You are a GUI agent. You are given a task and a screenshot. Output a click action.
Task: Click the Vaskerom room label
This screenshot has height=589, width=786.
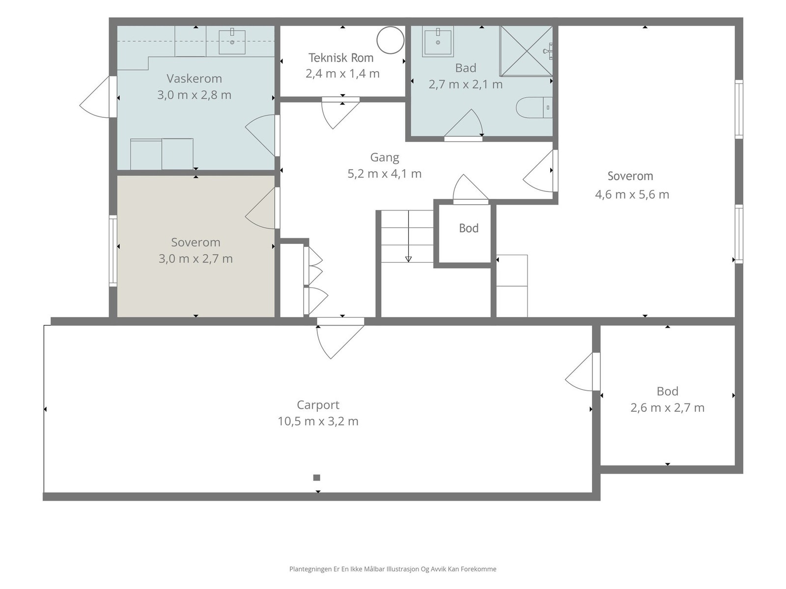(x=194, y=79)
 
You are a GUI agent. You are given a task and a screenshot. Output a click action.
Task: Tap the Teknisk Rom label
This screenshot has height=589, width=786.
(x=341, y=57)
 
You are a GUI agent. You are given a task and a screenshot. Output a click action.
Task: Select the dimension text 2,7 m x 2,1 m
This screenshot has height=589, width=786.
(x=466, y=84)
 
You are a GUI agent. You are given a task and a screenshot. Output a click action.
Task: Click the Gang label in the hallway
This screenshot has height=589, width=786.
(x=385, y=158)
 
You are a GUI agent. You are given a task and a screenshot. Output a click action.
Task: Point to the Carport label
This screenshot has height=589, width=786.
(x=318, y=405)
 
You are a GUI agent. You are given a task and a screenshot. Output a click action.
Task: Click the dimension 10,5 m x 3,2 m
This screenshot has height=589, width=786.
(x=318, y=421)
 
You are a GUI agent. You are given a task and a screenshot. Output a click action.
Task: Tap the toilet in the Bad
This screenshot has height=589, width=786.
(x=534, y=107)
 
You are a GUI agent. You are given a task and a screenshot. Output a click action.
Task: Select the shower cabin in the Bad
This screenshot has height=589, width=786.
(x=526, y=51)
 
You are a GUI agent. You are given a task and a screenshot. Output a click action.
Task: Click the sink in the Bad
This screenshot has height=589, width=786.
(x=438, y=41)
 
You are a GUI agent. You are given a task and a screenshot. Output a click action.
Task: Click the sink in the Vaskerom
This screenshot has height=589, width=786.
(x=232, y=42)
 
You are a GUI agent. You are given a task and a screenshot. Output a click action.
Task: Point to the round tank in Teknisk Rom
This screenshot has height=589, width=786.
(x=391, y=40)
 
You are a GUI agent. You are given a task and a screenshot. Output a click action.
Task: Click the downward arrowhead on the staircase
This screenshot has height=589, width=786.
(x=408, y=259)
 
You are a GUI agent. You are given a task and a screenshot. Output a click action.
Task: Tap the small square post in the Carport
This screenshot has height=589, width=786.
(x=316, y=478)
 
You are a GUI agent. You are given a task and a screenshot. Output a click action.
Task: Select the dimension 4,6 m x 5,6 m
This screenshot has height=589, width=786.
(x=632, y=194)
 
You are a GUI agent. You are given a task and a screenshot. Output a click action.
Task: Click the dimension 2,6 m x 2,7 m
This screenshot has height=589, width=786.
(x=668, y=408)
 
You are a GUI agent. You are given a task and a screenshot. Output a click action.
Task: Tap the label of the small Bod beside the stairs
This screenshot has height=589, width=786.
(x=469, y=228)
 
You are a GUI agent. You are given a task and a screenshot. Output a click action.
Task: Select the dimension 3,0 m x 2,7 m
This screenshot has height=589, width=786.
(x=196, y=259)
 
